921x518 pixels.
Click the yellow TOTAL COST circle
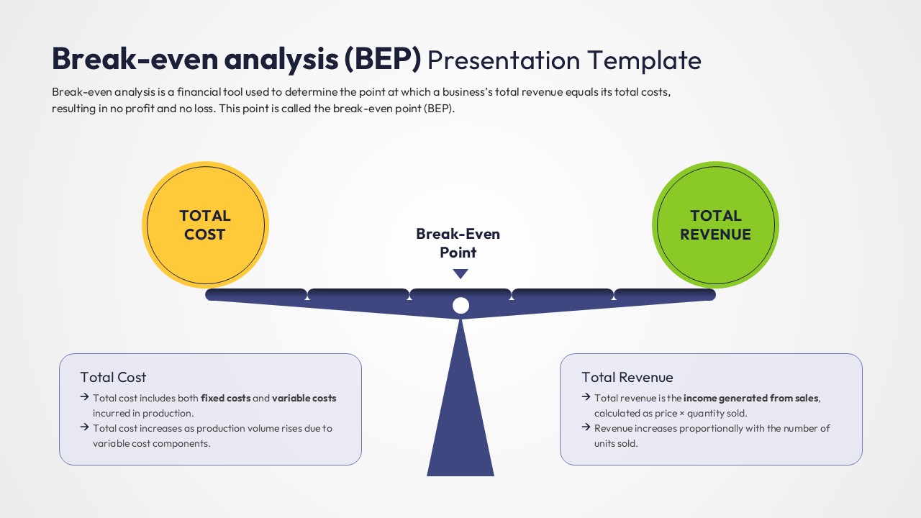[205, 225]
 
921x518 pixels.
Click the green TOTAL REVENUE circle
[715, 225]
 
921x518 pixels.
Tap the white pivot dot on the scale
[460, 306]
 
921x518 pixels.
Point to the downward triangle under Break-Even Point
[460, 273]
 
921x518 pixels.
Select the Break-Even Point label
[458, 243]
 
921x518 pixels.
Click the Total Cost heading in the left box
[113, 377]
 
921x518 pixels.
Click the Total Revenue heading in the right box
[627, 377]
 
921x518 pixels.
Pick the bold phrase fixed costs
[225, 398]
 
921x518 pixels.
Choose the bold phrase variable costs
[304, 398]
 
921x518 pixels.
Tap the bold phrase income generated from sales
[751, 398]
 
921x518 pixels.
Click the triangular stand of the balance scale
[460, 417]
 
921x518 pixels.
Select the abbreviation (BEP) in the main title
[382, 59]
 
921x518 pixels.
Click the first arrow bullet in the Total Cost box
[84, 397]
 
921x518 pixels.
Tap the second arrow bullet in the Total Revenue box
[586, 428]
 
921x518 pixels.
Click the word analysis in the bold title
[281, 59]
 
